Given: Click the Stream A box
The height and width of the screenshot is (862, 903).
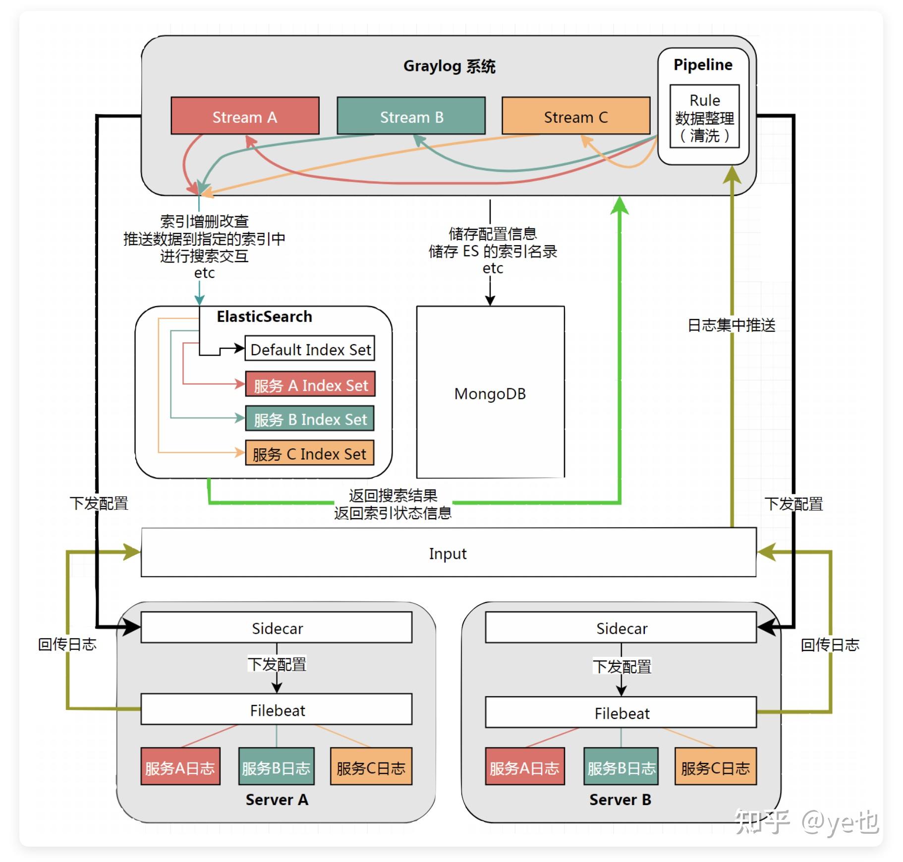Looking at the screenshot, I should (x=245, y=116).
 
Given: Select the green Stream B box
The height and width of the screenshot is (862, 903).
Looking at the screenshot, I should (x=411, y=116).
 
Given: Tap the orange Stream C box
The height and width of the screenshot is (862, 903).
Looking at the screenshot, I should (x=575, y=116).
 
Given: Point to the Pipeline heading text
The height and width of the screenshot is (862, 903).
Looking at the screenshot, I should (x=702, y=65).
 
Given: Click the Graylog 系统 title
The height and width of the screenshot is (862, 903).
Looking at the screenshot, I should (x=449, y=66).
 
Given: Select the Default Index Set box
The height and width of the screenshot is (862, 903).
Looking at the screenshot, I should (x=310, y=349).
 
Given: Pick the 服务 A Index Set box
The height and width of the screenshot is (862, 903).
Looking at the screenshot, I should (x=310, y=385).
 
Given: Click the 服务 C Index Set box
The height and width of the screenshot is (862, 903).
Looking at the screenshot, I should (x=309, y=453).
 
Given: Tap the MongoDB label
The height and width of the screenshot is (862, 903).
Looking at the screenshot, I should (x=490, y=394).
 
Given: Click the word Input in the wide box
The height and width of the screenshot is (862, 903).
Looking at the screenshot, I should (x=448, y=553).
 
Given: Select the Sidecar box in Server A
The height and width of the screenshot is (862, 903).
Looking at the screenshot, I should (x=277, y=628).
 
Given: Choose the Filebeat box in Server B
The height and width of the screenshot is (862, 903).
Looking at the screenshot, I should (x=621, y=713).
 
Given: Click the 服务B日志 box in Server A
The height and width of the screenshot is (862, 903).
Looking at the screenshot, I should (x=276, y=767).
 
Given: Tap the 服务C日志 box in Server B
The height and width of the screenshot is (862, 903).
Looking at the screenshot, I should (x=715, y=767).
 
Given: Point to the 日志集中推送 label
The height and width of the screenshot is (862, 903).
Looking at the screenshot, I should (x=731, y=325).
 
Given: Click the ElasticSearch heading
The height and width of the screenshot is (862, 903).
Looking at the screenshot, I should (x=264, y=317).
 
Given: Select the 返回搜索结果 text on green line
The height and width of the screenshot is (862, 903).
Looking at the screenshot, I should (x=393, y=495).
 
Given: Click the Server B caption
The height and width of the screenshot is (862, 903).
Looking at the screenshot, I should (x=620, y=800).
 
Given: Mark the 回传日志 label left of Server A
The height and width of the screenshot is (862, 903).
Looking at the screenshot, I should (x=67, y=644).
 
